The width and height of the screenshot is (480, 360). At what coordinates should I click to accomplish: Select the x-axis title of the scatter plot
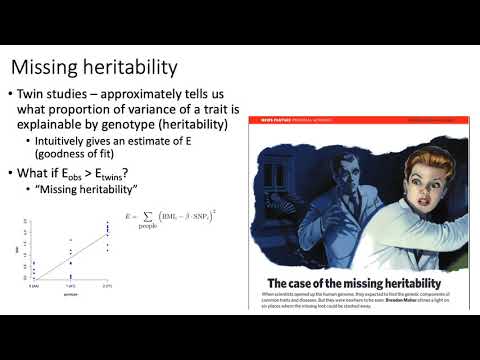(x=70, y=296)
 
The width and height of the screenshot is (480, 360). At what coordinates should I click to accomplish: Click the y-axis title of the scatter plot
(x=17, y=253)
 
